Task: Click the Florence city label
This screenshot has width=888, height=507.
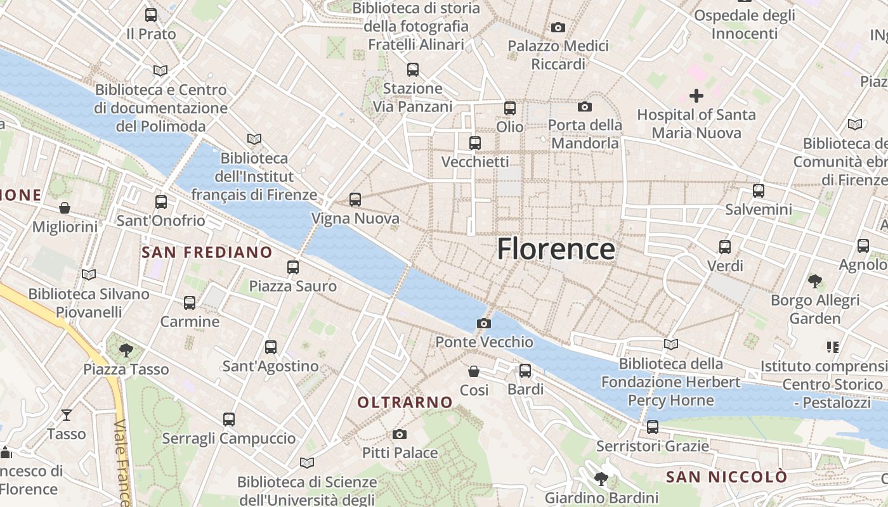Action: coord(556,249)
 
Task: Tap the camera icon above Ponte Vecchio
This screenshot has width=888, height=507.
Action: coord(484,324)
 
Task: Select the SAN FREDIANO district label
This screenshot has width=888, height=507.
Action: coord(207,252)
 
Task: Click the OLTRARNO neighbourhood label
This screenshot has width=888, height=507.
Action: coord(405,402)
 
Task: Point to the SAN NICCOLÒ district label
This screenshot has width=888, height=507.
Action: coord(727,477)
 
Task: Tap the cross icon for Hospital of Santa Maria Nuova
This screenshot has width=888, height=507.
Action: coord(696,96)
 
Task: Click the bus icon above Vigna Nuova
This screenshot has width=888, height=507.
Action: coord(355,200)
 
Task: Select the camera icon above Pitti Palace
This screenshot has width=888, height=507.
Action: coord(400,434)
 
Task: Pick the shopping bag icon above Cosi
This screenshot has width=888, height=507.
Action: coord(474,371)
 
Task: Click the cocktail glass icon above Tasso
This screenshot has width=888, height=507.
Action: coord(66,415)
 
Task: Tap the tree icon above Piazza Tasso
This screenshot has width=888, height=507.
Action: coord(126,350)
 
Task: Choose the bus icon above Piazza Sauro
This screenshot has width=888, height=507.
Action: coord(292,267)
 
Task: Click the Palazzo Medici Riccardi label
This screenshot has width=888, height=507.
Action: coord(558,55)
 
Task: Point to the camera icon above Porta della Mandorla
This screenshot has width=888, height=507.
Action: coord(584,106)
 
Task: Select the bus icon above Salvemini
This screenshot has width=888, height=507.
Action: coord(759,190)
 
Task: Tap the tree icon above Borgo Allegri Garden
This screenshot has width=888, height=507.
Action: coord(815,281)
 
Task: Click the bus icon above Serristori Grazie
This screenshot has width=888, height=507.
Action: coord(653,427)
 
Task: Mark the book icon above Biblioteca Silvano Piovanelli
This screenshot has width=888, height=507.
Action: coord(89,275)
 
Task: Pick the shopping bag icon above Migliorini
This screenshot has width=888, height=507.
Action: coord(65,208)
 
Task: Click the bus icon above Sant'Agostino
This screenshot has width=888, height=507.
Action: coord(271,347)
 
